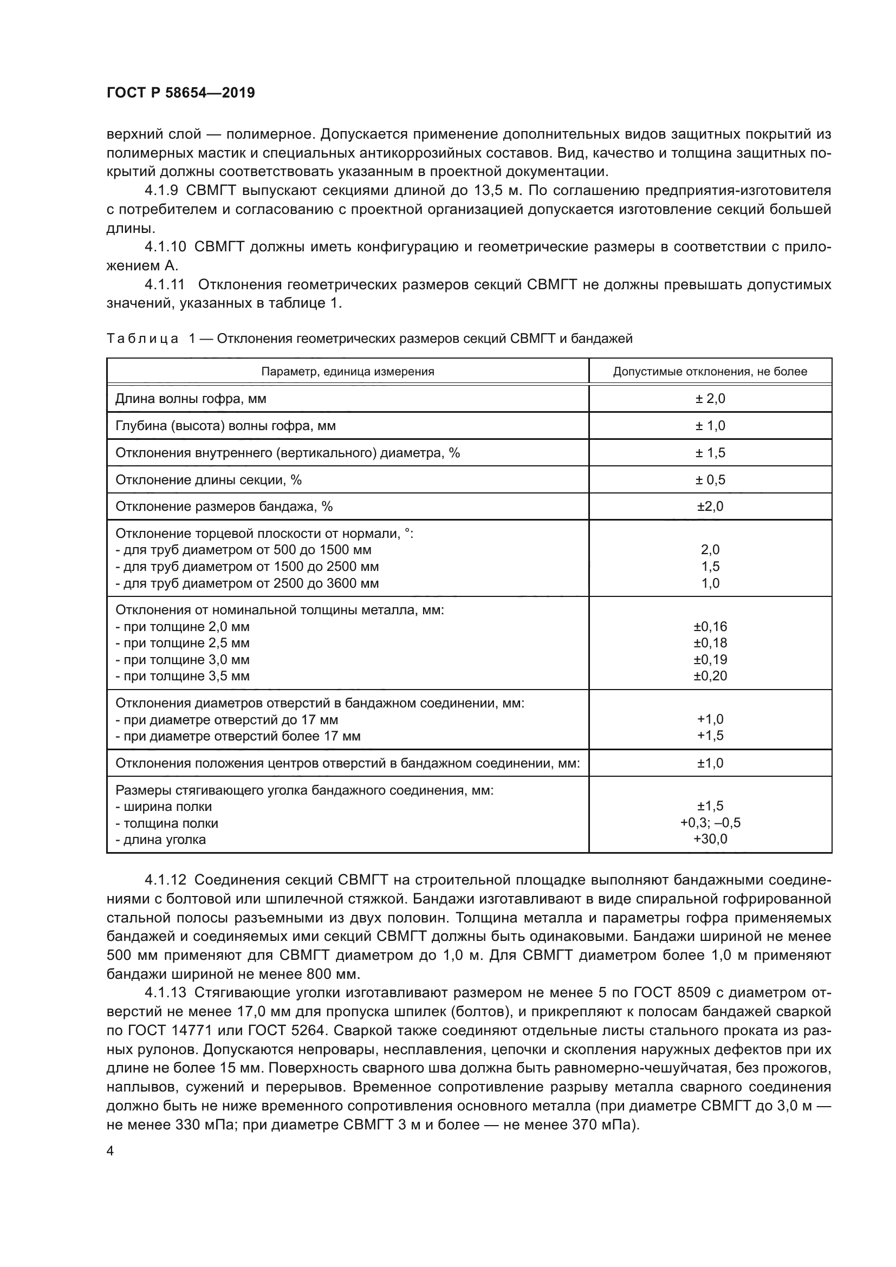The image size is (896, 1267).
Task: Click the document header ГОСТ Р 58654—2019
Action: click(x=180, y=93)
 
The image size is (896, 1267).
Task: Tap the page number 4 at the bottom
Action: click(x=111, y=1151)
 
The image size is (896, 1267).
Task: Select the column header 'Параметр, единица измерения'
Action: click(x=348, y=372)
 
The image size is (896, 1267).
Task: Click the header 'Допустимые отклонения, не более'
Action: click(x=710, y=372)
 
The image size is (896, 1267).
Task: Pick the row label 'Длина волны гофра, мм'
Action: click(x=190, y=399)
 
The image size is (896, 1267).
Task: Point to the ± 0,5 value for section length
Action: click(x=710, y=479)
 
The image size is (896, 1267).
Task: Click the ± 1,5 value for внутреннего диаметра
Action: click(x=710, y=452)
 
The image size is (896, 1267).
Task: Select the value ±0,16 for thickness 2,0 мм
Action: click(x=710, y=626)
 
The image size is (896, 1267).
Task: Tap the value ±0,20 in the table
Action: click(x=710, y=675)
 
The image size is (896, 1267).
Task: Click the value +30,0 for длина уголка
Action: click(x=710, y=839)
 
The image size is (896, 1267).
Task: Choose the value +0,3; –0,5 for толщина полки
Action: click(x=710, y=823)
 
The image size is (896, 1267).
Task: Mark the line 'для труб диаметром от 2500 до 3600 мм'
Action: click(x=247, y=583)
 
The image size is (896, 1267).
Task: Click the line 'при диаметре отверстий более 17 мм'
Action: click(x=238, y=736)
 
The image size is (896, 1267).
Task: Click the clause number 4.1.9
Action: click(x=161, y=191)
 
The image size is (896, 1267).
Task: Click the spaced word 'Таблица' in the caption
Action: click(x=142, y=338)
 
